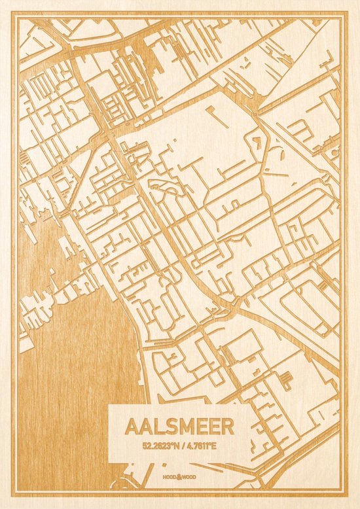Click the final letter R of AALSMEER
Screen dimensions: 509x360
227,427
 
